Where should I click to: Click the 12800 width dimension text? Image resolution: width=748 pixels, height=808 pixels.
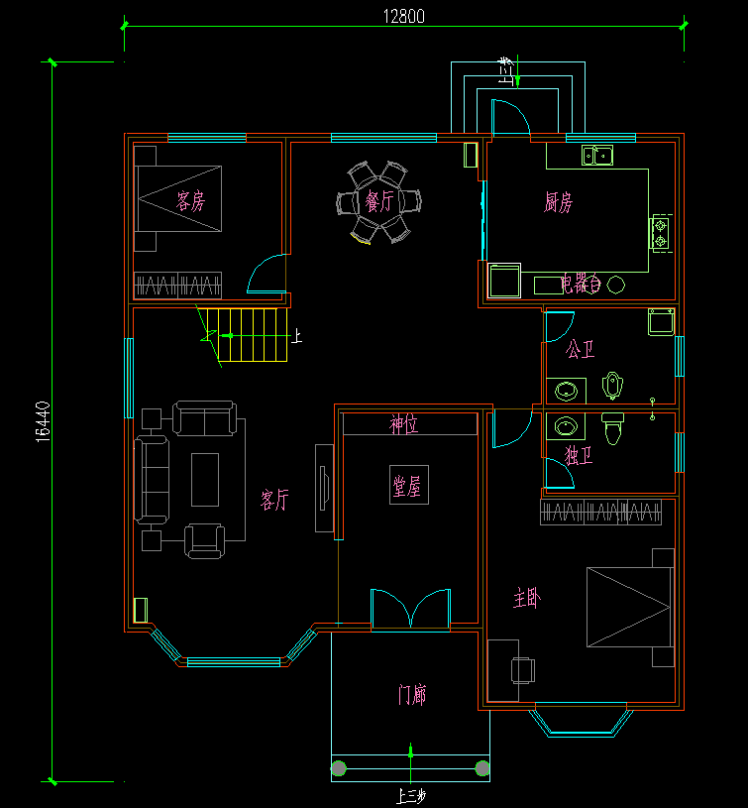tap(403, 16)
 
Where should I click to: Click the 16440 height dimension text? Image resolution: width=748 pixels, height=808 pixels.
tap(42, 421)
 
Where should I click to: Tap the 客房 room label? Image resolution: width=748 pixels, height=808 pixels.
tap(190, 202)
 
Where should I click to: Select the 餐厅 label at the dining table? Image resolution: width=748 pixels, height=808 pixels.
tap(378, 202)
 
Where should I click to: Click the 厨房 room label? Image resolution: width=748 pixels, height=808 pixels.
tap(558, 203)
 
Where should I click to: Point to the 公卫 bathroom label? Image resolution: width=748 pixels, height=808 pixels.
tap(580, 350)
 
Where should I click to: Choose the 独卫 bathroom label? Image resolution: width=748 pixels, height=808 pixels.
tap(578, 455)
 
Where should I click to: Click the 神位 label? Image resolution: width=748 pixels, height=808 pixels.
tap(403, 425)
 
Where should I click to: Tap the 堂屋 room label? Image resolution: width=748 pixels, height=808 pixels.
tap(407, 486)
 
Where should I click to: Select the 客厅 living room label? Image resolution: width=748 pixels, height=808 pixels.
tap(274, 500)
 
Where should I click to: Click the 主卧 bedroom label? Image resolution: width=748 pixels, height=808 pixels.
tap(527, 598)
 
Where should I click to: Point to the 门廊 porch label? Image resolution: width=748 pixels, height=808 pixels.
tap(411, 694)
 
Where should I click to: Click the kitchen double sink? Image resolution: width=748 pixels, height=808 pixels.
tap(597, 155)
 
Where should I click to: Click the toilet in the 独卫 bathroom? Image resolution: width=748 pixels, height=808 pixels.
tap(612, 430)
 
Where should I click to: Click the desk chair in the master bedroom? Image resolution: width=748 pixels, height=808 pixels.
tap(522, 671)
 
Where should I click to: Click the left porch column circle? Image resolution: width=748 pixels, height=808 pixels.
tap(340, 767)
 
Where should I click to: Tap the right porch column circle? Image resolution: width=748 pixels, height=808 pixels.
tap(482, 767)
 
